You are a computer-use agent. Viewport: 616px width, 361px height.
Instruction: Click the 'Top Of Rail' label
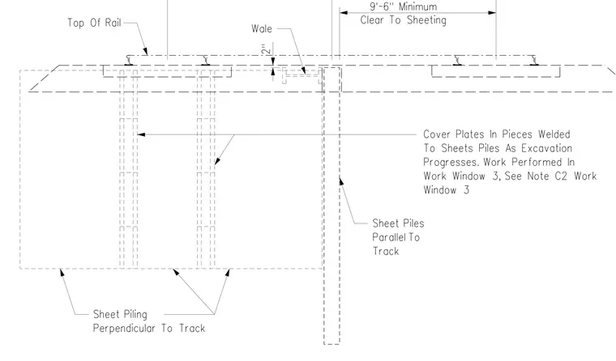pos(94,23)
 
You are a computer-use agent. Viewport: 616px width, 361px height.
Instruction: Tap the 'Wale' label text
pos(262,28)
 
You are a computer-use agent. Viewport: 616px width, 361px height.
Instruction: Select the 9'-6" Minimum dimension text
pos(403,6)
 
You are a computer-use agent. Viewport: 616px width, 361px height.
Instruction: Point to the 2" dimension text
pos(267,49)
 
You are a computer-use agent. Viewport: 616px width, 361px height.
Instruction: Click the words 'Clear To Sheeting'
pos(403,20)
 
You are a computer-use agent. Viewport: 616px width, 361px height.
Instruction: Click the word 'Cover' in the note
pos(436,134)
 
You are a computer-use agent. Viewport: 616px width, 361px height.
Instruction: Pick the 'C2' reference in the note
pos(561,176)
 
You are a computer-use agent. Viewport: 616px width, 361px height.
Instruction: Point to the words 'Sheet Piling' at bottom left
pos(120,314)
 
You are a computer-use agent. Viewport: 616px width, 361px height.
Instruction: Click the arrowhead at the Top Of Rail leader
pos(145,52)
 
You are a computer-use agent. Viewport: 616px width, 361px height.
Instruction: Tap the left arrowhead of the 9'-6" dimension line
pos(344,13)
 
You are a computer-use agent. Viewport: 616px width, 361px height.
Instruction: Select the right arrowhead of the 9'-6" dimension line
pos(492,13)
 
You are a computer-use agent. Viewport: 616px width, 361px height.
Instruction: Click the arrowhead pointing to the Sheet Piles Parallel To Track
pos(341,181)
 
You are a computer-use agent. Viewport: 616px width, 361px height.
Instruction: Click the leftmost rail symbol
pos(129,61)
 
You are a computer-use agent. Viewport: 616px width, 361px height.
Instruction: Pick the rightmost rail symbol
pos(534,61)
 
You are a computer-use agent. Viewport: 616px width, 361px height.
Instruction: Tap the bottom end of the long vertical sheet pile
pos(332,344)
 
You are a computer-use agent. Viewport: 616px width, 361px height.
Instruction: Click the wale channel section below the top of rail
pos(302,76)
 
